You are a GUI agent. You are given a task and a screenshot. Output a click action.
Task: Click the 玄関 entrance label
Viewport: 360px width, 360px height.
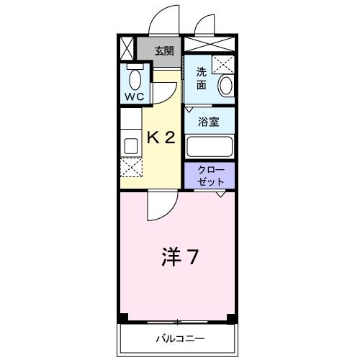pos(163,50)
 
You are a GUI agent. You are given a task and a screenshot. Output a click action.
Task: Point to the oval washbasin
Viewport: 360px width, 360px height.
pos(225,86)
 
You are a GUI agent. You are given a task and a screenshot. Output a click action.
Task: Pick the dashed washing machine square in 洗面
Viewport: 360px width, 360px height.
pos(224,63)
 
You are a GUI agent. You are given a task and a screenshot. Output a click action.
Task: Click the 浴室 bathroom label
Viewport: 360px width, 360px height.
pos(209,122)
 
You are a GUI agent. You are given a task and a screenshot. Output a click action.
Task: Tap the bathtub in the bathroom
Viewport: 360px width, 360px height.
pos(210,147)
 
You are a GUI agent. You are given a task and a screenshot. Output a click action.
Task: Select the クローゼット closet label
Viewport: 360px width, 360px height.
pos(210,176)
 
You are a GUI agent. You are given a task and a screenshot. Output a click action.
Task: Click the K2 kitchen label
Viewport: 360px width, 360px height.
pos(161,138)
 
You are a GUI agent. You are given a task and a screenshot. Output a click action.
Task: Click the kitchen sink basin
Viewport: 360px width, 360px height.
pos(131,145)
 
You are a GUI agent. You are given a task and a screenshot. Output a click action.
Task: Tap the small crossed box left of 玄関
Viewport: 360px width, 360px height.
pos(127,50)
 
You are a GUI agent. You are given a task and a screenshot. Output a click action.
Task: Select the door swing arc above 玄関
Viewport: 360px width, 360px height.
pos(163,20)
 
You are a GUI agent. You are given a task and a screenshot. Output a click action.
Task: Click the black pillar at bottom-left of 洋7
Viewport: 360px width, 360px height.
pos(124,318)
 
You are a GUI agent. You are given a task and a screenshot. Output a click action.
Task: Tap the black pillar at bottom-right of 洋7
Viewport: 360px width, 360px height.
pos(231,318)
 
